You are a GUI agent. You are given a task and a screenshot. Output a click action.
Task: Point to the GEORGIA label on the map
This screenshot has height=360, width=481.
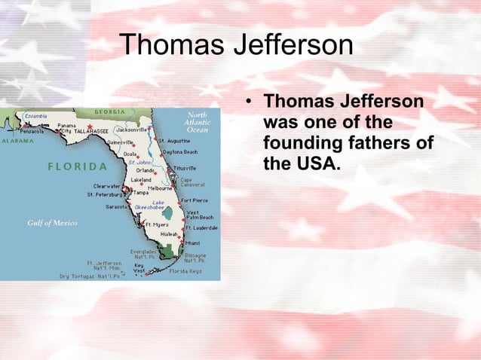pos(109,112)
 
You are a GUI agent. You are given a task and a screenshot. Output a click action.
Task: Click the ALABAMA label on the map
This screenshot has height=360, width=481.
pos(17,140)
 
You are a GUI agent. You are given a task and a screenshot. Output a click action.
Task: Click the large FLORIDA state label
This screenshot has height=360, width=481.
pos(78,166)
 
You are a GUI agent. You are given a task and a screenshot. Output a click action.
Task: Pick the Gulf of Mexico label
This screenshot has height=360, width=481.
pos(52,223)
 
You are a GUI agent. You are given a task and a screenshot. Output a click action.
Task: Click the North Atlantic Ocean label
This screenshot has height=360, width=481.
pos(198,122)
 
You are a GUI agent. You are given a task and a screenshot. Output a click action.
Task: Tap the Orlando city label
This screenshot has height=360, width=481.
pos(146,169)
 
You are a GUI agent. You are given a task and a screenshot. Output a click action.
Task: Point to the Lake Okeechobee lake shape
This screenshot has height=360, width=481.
pos(167,213)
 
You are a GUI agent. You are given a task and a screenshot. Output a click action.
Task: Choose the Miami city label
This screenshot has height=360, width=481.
pos(193,243)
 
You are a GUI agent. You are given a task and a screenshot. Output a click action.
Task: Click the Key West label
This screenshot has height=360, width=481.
pos(139,268)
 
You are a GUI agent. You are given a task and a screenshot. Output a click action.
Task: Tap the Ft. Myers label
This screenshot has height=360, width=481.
pos(157,224)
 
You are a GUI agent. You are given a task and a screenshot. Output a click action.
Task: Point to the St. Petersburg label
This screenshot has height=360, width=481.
pos(105,194)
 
